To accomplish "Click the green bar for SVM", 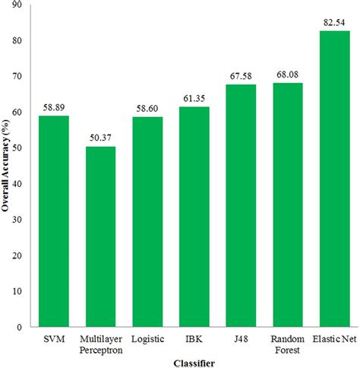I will click(x=55, y=220).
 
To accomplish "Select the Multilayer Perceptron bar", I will click(x=101, y=236).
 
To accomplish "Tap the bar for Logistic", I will click(x=147, y=221).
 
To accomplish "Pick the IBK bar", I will click(x=194, y=216).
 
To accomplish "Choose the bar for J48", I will click(x=241, y=205).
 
